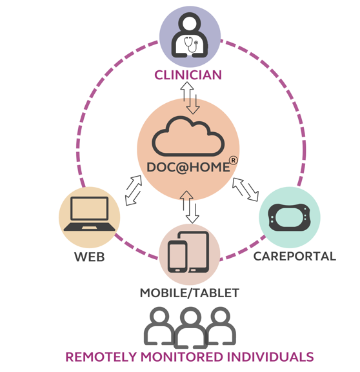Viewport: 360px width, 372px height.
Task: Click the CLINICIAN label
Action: coord(188,75)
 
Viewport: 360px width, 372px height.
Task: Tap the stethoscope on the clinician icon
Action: coord(191,44)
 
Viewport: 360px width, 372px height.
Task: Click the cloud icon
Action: coord(188,137)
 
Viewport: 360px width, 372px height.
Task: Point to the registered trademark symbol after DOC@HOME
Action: coord(233,161)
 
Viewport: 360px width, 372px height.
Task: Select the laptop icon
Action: coord(90,213)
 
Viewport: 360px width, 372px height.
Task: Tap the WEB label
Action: coord(90,257)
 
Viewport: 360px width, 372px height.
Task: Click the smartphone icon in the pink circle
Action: coord(177,257)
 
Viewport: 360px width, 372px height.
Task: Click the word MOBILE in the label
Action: coord(163,293)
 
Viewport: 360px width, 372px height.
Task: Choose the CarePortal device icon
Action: coord(289,217)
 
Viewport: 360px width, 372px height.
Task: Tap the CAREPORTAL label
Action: coord(295,257)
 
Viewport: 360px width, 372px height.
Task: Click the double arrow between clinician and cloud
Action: coord(190,98)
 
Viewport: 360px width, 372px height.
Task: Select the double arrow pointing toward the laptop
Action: coord(134,190)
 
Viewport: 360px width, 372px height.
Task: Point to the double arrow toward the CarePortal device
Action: coord(246,190)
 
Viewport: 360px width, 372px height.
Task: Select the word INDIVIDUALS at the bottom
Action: coord(270,357)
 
